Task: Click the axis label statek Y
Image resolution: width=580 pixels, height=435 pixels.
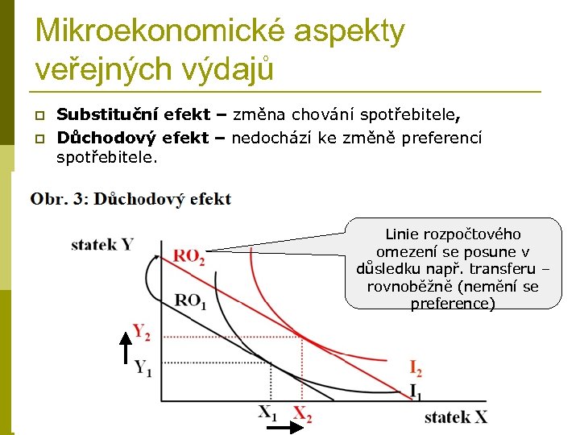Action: coord(102,243)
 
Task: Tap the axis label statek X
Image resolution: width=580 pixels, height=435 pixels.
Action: coord(457,416)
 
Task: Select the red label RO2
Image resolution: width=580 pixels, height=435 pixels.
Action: coord(188,257)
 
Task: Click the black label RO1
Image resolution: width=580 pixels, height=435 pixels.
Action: coord(191,301)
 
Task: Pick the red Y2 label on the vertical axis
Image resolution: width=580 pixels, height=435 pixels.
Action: coord(142,330)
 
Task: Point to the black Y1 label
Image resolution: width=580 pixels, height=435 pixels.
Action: coord(143,369)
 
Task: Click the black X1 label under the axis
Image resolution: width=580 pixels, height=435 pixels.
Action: coord(267,412)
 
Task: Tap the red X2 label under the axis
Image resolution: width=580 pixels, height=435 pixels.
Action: coord(302,415)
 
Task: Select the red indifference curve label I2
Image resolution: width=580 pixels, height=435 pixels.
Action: coord(416,370)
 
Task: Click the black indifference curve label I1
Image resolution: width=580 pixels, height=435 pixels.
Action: coord(416,391)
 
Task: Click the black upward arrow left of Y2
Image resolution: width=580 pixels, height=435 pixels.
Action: coord(125,347)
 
